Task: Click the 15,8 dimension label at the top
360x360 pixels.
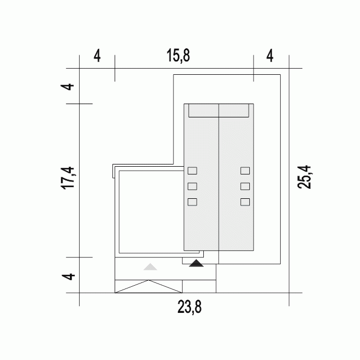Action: (178, 55)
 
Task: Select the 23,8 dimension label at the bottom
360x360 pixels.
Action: (189, 307)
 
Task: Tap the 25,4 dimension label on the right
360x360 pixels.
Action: (304, 177)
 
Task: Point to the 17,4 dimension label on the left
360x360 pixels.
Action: (68, 178)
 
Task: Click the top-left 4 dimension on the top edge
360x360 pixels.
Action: (97, 56)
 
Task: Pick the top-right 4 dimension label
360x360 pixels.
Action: (270, 55)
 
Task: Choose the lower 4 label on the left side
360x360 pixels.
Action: (69, 276)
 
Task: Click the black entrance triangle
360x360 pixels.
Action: (196, 263)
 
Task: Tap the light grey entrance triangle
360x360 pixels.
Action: (151, 267)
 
